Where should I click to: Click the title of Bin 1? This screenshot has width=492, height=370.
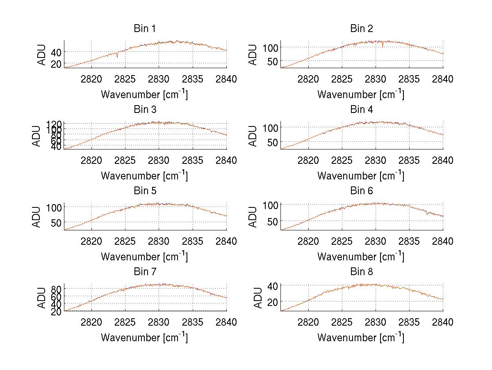pos(144,29)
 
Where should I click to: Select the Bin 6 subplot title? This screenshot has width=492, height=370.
pos(361,191)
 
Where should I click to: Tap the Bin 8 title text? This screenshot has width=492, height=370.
pos(361,272)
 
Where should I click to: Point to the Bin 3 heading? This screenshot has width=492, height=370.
pos(144,110)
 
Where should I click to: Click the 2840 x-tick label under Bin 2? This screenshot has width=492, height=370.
pos(442,79)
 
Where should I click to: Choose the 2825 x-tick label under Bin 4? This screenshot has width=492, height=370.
pos(342,160)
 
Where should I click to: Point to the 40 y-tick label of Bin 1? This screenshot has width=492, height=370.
pos(57,52)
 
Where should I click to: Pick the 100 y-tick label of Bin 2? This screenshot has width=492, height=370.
pos(271,47)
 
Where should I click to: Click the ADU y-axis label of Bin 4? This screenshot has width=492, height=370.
pos(253,136)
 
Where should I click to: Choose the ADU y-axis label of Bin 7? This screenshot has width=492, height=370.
pos(36,298)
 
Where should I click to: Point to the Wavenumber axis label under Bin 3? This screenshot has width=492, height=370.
pos(144,176)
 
